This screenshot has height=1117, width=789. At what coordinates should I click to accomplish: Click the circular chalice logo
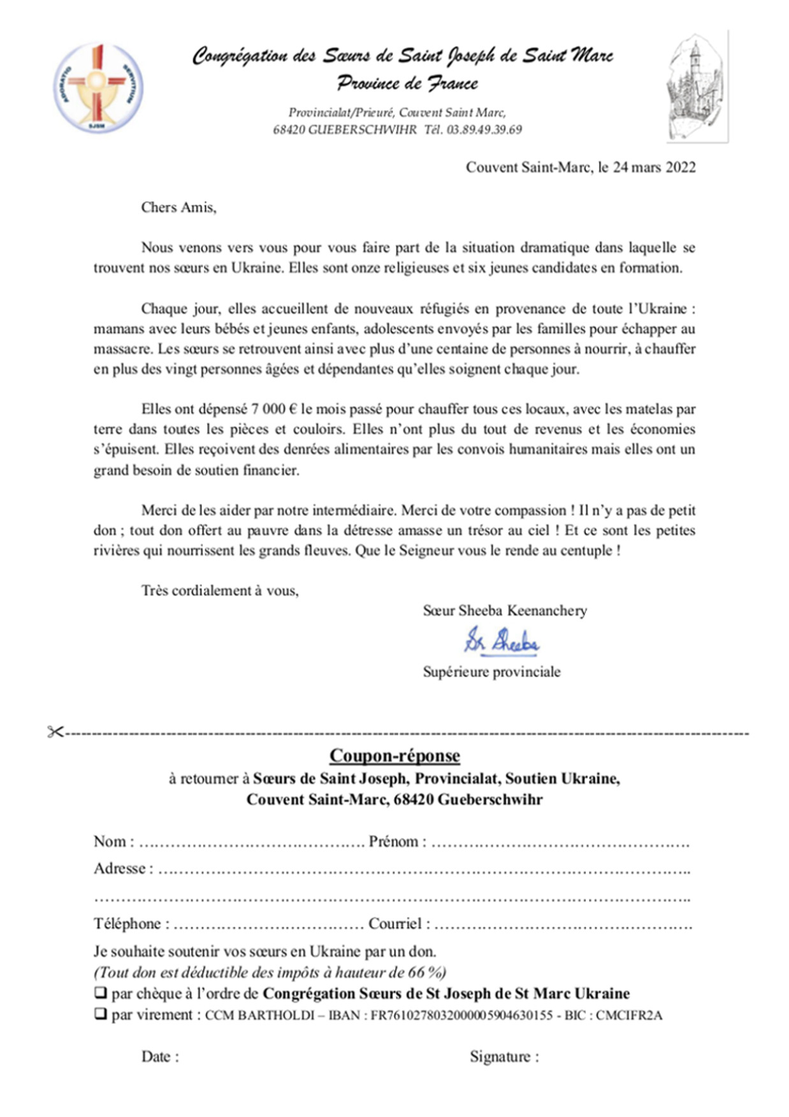(98, 88)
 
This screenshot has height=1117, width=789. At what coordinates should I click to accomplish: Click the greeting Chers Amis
(178, 207)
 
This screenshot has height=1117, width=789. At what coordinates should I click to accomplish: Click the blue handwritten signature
(502, 641)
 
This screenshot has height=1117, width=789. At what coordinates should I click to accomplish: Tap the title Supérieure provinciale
(491, 672)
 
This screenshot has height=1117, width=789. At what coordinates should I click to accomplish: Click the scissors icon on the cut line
(55, 732)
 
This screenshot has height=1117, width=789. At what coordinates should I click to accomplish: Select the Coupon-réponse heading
(394, 756)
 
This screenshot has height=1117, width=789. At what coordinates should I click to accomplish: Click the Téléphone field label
(131, 924)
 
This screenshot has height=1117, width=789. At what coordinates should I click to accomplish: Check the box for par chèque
(101, 993)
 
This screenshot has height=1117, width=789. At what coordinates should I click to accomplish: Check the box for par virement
(101, 1014)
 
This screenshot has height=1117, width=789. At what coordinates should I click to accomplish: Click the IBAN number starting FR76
(461, 1015)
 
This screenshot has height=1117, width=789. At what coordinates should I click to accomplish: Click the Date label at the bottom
(159, 1057)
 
